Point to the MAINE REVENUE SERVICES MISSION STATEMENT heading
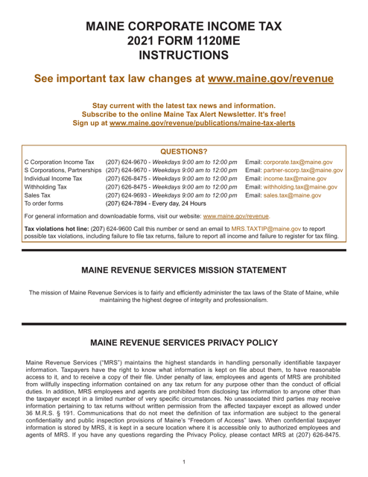click(183, 331)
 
